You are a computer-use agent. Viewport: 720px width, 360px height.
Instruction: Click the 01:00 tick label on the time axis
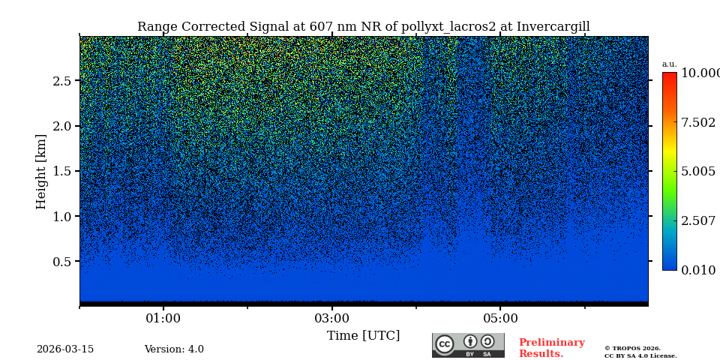pos(163,319)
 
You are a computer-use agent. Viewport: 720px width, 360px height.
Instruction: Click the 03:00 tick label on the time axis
pos(331,319)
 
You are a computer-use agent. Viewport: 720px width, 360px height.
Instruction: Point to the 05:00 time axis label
pos(500,319)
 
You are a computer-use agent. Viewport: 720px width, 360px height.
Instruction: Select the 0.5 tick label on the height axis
pos(61,262)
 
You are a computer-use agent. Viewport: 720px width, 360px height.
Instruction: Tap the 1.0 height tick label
pos(61,217)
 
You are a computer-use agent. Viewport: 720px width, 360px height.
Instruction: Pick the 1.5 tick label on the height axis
pos(61,172)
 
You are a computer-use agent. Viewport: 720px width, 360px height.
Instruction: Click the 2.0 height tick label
pos(61,126)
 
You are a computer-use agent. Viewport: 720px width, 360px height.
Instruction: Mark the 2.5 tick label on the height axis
pos(61,81)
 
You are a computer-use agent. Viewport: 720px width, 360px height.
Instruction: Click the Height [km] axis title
pos(41,171)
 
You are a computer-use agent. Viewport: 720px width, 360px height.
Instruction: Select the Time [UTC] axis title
pos(363,336)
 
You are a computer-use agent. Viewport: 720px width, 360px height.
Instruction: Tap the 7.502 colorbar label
pos(697,123)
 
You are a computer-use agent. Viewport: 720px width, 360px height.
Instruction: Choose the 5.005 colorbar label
pos(697,172)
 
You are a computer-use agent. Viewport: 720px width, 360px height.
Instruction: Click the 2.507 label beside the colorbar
pos(697,221)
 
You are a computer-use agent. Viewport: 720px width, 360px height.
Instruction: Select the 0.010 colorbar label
pos(697,271)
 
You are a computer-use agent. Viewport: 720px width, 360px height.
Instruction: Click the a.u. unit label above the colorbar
pos(669,64)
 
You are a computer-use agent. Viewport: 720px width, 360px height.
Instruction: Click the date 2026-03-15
pos(65,349)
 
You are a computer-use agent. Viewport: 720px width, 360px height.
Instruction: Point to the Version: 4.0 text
pos(174,349)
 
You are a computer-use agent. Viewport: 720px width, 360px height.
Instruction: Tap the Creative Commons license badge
pos(468,345)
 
